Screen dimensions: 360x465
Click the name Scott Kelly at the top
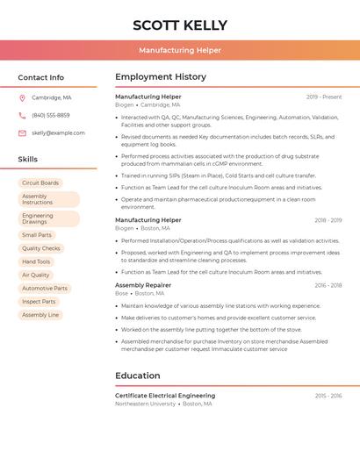pos(179,25)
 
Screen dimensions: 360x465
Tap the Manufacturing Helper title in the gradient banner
pos(180,50)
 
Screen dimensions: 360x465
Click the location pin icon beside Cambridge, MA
pos(22,97)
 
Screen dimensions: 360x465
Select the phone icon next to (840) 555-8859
pos(22,115)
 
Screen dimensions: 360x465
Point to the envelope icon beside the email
pos(22,133)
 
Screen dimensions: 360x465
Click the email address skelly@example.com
pos(58,133)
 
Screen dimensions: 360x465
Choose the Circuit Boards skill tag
pos(40,183)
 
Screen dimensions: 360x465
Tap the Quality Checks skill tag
pos(41,248)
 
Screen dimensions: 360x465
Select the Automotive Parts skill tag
pos(45,288)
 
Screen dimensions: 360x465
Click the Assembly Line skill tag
pos(40,314)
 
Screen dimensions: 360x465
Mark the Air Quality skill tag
pos(36,275)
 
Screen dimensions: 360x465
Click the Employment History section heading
pos(161,77)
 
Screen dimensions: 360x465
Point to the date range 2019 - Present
pos(324,97)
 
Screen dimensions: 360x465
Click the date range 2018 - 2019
pos(328,220)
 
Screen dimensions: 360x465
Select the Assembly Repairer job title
pos(143,285)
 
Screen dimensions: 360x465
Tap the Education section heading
pos(138,376)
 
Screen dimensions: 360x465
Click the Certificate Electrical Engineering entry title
pos(165,396)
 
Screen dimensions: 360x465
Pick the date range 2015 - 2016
pos(328,396)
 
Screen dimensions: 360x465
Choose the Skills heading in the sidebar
pos(28,159)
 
